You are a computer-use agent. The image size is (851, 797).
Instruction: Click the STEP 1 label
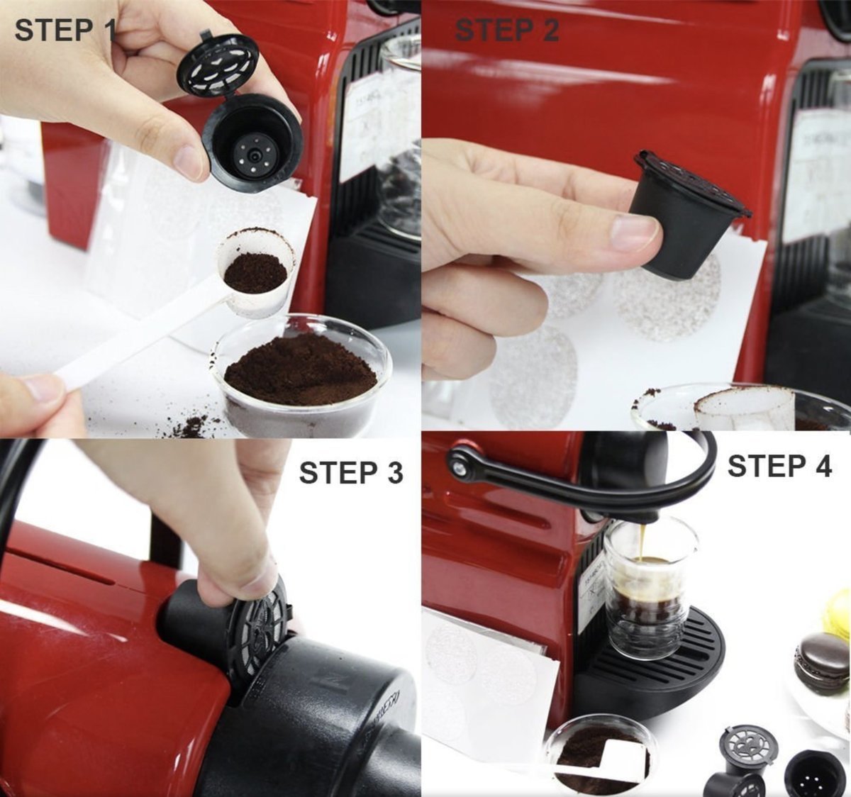[x=65, y=30]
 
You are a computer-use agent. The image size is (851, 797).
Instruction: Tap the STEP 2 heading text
[x=507, y=30]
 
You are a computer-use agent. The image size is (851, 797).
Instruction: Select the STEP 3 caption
[x=351, y=473]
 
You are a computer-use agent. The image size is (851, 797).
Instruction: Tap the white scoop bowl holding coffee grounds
[x=256, y=273]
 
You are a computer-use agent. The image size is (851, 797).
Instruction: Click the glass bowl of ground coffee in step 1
[x=302, y=377]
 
